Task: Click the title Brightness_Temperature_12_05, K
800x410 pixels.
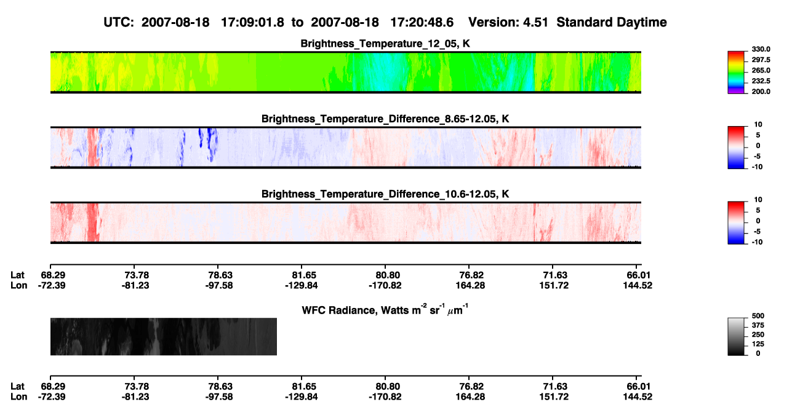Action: click(x=385, y=44)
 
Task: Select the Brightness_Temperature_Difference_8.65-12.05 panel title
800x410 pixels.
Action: click(x=385, y=119)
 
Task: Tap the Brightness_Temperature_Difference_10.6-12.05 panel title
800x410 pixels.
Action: click(x=385, y=194)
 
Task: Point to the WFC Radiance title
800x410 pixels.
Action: click(x=385, y=310)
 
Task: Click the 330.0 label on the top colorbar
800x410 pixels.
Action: click(x=761, y=49)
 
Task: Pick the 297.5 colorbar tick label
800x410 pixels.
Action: click(x=761, y=60)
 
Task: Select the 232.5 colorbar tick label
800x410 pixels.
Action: click(x=761, y=81)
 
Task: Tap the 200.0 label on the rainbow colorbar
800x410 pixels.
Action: click(x=761, y=92)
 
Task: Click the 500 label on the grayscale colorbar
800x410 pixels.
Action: click(x=758, y=316)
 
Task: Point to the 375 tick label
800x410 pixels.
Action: click(x=758, y=325)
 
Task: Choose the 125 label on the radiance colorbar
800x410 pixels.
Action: click(x=758, y=344)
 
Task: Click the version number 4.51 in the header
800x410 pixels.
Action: click(x=535, y=23)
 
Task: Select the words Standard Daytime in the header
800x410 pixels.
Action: click(x=612, y=23)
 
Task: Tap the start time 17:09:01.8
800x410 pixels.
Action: click(x=252, y=23)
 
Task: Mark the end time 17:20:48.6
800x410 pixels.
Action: click(x=422, y=23)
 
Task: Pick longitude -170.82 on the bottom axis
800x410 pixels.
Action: click(x=385, y=397)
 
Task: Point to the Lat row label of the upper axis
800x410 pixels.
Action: click(x=17, y=275)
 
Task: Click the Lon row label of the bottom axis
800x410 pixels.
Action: click(x=18, y=397)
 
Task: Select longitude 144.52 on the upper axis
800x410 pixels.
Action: click(x=638, y=285)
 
